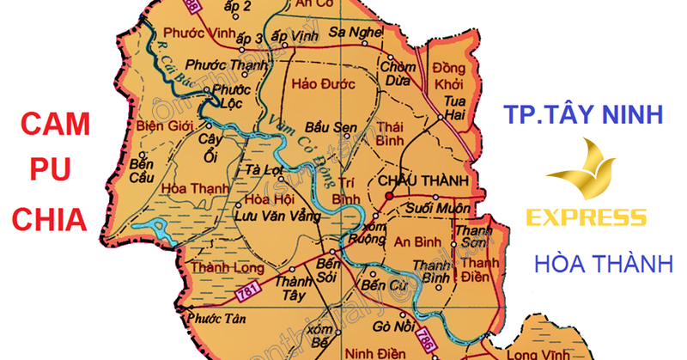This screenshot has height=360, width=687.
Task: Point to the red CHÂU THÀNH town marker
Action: click(388, 196)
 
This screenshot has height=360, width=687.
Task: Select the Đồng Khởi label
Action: click(448, 77)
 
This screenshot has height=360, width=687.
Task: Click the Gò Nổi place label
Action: click(393, 326)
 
